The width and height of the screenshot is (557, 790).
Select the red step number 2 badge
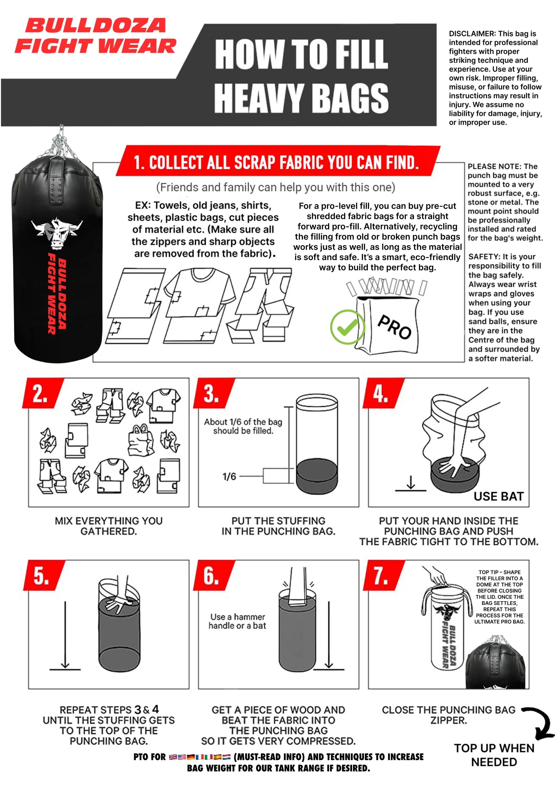point(43,393)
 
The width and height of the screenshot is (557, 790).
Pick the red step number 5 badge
point(44,575)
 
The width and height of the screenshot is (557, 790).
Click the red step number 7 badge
point(383,575)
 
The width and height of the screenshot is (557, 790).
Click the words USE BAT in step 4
point(499,496)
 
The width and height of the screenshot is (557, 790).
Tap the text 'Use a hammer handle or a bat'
point(238,621)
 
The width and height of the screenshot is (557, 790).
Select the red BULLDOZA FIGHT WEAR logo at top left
point(95,36)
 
